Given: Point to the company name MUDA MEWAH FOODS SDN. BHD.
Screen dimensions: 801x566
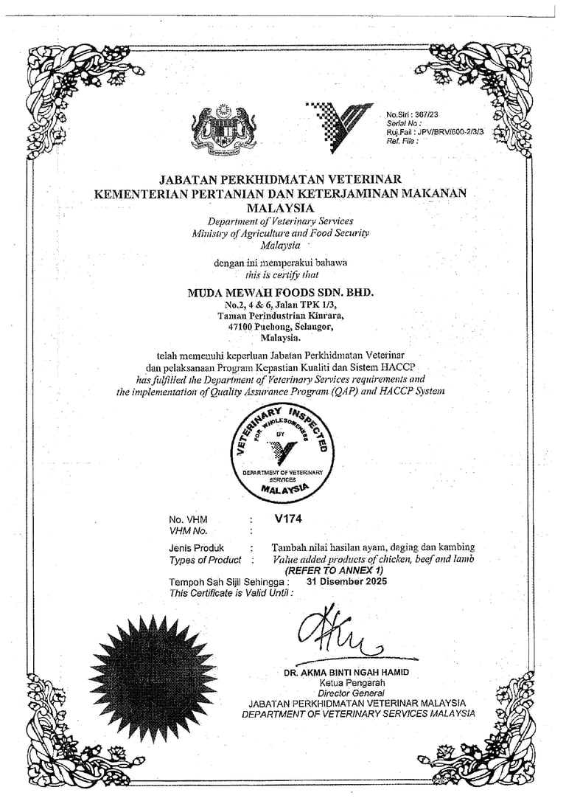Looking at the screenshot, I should [281, 292].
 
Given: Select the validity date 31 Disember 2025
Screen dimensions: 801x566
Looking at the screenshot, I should [346, 580].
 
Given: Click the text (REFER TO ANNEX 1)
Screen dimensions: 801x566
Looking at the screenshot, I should [335, 570].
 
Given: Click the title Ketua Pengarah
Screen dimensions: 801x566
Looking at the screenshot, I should [346, 683].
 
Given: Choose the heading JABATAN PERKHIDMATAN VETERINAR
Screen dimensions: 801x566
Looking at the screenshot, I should [280, 179].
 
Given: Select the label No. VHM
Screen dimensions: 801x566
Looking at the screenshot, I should [188, 519].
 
